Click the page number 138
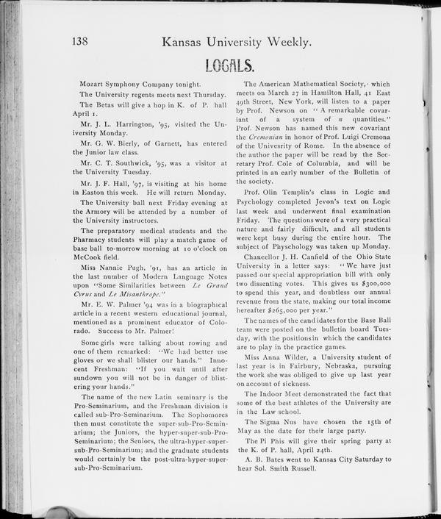[85, 42]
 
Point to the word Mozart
[95, 85]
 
